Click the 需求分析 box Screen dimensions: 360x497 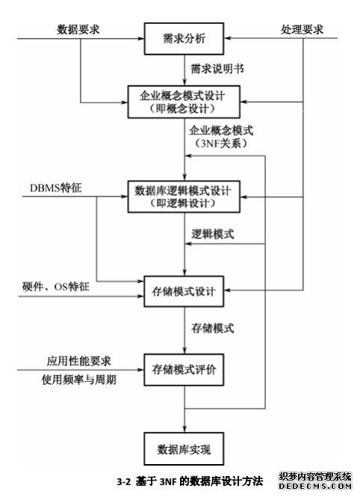184,38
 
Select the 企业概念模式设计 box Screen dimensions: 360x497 184,102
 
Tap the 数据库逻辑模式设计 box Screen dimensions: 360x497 184,197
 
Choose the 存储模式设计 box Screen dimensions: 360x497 184,291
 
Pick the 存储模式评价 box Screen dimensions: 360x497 184,370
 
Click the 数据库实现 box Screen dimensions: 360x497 184,449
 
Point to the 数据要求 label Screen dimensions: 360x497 78,29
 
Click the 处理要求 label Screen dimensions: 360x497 302,29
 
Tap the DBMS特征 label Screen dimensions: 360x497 56,188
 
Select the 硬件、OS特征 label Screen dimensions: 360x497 56,286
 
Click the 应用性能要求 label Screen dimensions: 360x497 79,361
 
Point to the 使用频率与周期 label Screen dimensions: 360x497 79,379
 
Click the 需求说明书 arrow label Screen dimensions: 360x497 217,69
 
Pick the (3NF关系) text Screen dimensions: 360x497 221,143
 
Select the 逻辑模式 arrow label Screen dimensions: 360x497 212,234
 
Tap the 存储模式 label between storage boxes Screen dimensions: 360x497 212,328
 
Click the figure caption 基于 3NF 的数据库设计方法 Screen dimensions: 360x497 199,481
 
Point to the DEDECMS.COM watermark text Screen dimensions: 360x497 315,486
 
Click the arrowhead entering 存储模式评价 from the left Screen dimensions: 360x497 140,370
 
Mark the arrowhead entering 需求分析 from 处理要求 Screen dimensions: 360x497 228,38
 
